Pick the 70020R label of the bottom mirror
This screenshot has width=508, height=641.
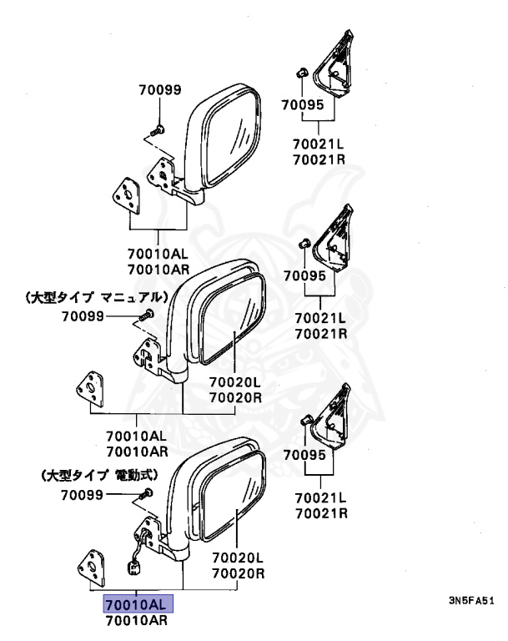click(238, 573)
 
